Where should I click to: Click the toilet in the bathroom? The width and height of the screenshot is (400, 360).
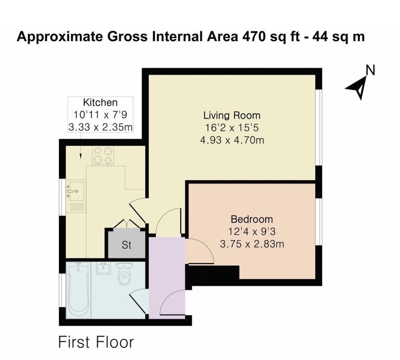[125, 274]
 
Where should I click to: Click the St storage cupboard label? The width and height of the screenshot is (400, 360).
[127, 245]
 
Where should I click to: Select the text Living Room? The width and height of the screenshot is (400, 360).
[232, 116]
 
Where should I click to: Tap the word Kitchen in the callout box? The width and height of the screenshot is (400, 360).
[100, 102]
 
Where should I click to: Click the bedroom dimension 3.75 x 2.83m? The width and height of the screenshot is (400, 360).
[252, 244]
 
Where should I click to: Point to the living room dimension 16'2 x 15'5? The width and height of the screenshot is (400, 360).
[232, 128]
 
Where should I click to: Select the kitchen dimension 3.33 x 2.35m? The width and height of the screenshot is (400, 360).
[100, 127]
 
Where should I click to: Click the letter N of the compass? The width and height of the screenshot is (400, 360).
[370, 71]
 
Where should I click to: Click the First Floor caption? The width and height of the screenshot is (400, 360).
[96, 342]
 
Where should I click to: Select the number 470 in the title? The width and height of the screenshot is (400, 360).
[254, 37]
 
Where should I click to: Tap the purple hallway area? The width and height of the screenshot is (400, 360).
[166, 267]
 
